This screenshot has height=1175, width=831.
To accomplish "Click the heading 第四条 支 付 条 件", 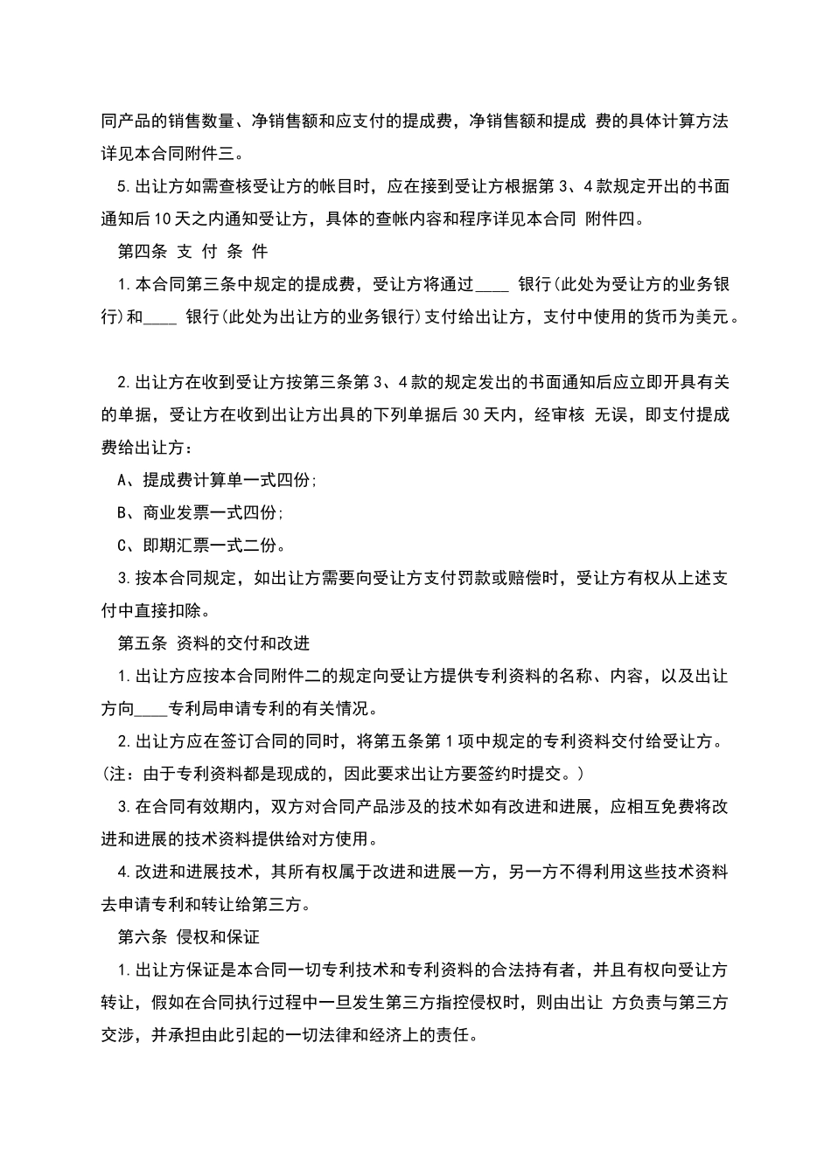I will pos(192,252).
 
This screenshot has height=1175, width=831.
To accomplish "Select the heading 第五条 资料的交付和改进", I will pos(213,643).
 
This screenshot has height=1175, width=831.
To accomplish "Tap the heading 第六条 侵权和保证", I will pos(188,937).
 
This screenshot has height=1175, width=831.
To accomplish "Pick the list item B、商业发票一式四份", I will pos(200,512).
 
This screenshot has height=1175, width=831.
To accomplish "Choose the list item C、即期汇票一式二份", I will pos(200,546).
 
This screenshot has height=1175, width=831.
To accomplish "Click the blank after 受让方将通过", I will pos(492,285).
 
